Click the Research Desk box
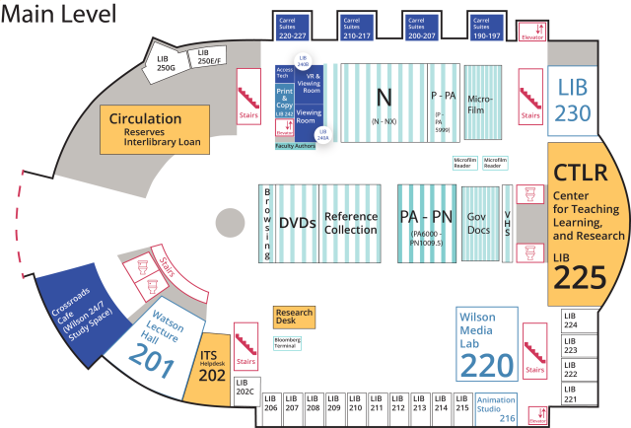[x=294, y=317]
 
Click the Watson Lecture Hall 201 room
[x=162, y=346]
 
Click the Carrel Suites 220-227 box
[x=294, y=27]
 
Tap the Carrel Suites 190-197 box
[x=488, y=27]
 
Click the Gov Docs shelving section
[x=479, y=223]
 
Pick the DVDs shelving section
[x=297, y=224]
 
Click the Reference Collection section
[x=351, y=223]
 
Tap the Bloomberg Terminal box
[x=288, y=342]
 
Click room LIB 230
[x=573, y=100]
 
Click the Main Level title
[x=60, y=14]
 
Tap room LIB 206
[x=270, y=403]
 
